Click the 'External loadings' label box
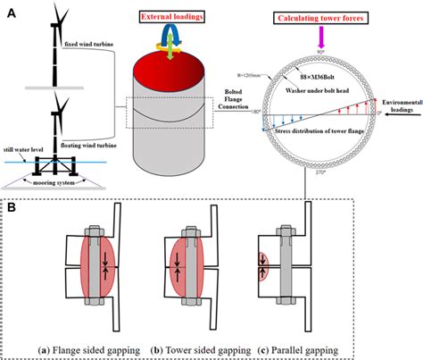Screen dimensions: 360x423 point(172,18)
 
